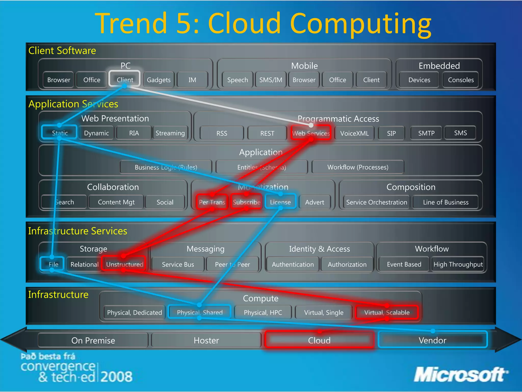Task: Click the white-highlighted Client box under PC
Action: (x=125, y=79)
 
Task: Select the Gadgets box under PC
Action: (x=159, y=80)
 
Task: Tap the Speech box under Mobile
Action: (x=237, y=80)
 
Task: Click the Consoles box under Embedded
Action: (x=461, y=80)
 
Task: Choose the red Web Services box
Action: (x=311, y=133)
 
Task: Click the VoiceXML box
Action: (x=354, y=133)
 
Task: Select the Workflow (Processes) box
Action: (x=358, y=167)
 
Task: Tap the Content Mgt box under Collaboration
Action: (x=116, y=202)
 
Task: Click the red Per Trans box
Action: (x=212, y=202)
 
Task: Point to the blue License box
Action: (x=280, y=202)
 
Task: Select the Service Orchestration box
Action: (x=376, y=202)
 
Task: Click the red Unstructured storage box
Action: (x=124, y=264)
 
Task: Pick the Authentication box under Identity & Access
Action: (x=293, y=264)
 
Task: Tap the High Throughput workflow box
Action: (x=458, y=264)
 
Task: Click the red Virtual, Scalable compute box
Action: (x=387, y=312)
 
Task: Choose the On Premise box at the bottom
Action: (x=93, y=340)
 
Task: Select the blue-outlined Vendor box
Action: (x=432, y=340)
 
